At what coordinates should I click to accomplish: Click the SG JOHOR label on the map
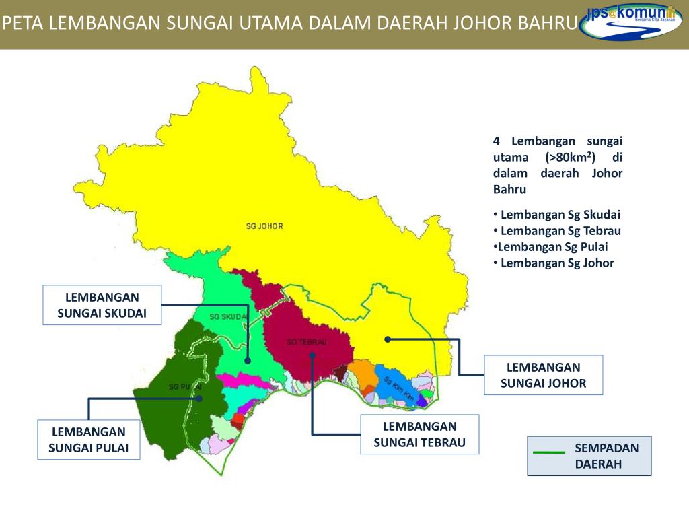[263, 226]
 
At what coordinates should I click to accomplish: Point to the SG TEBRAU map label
[306, 342]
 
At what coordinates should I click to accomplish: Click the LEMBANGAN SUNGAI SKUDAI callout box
[102, 305]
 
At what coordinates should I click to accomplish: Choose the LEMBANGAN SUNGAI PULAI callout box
[89, 440]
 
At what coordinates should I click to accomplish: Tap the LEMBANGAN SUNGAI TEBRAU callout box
[420, 434]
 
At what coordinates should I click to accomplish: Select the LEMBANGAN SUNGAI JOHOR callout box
[544, 375]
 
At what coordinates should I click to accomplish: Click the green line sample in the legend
[549, 452]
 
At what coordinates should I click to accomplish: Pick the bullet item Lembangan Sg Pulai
[550, 247]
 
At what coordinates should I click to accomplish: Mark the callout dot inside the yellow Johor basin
[387, 339]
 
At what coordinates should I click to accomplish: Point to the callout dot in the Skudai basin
[248, 361]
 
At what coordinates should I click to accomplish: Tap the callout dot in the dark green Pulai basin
[200, 399]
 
